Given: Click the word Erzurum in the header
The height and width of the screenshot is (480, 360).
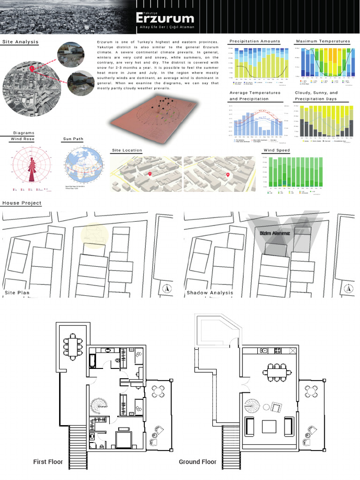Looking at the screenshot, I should pos(165,18).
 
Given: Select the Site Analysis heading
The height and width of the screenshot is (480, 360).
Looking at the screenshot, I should pos(20,42).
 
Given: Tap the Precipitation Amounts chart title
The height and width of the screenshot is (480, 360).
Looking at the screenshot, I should pos(255,41).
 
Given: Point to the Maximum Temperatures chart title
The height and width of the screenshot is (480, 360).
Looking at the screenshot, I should pos(323,41).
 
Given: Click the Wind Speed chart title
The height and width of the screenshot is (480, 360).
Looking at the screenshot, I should pos(277,150).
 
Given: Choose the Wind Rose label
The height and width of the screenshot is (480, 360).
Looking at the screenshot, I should pos(22,139).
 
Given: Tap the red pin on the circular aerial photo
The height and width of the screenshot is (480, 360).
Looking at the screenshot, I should pos(32,70).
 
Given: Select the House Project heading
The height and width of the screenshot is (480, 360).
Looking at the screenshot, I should pos(22,203).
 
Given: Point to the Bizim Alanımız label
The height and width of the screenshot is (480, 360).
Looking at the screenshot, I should pos(275,233).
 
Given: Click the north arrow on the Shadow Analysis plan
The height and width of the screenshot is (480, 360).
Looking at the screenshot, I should pos(348,289).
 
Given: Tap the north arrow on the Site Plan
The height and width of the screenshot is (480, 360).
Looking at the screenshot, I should pos(166,289).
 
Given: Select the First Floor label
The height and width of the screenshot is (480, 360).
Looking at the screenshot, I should pos(48,462).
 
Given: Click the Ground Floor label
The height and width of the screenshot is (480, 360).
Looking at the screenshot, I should pos(197,462).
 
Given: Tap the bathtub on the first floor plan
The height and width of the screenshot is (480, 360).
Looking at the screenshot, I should pos(93,361).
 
